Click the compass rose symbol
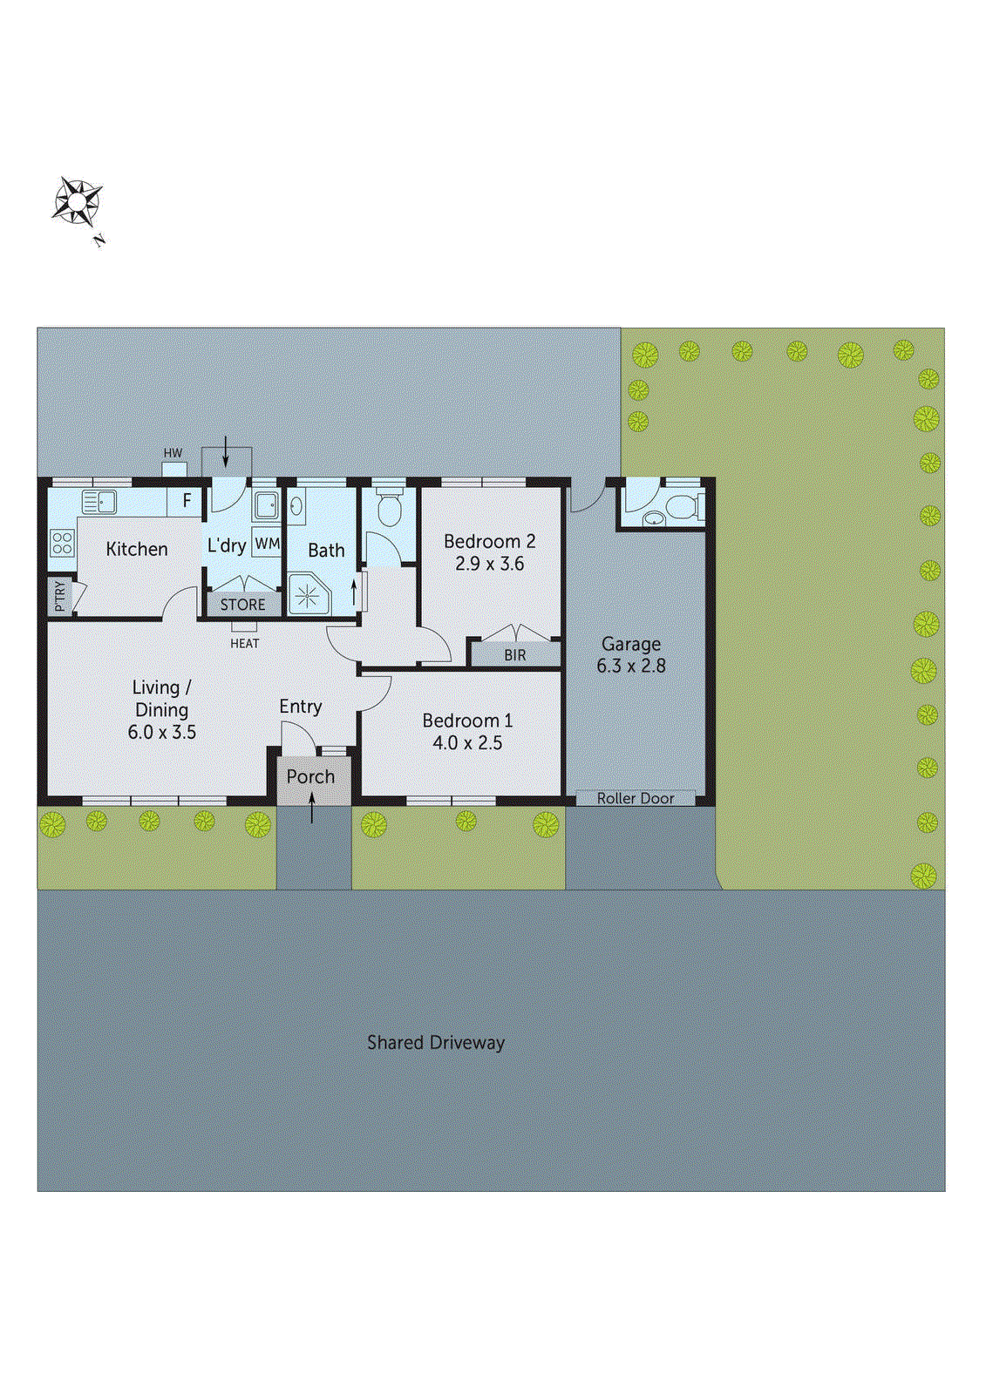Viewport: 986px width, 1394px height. point(78,202)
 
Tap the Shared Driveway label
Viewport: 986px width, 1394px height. point(435,1042)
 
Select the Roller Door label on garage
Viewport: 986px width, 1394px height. point(636,798)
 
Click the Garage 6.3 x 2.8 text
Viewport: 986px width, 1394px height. point(631,655)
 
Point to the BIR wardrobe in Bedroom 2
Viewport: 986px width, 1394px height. point(514,654)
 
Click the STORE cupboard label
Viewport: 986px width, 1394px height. point(242,604)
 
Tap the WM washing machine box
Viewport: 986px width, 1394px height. point(267,544)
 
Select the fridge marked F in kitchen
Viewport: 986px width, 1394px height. point(186,502)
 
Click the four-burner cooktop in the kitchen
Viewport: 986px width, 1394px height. point(62,543)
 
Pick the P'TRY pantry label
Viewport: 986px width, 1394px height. point(59,596)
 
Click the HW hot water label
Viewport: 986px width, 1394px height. point(173,453)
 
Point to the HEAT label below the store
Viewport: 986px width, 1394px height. point(244,643)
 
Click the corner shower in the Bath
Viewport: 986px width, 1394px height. point(308,594)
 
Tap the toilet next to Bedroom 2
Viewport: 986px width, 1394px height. point(389,509)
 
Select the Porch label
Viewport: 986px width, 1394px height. point(310,776)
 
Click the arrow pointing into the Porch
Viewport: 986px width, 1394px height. point(312,807)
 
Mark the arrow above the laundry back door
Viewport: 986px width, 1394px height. point(226,450)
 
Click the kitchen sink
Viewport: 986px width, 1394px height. point(99,502)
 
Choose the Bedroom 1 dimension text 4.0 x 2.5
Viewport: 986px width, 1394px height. point(467,743)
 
